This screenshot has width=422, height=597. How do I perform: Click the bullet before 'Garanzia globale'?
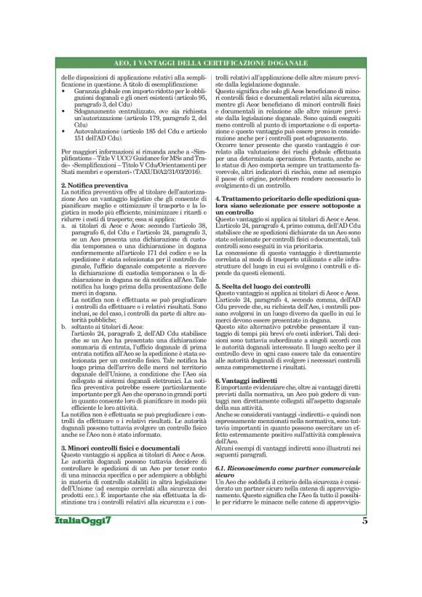tap(63, 92)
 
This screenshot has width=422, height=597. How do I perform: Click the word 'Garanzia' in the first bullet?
tap(85, 92)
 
